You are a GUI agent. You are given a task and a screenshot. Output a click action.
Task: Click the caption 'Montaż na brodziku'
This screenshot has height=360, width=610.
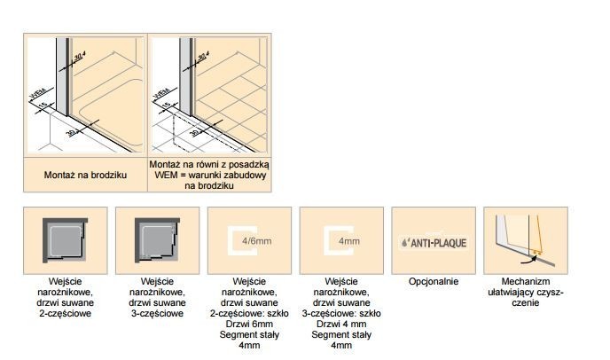pyautogui.click(x=86, y=176)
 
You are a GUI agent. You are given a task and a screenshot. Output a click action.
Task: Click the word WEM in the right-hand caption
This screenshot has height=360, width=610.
pyautogui.click(x=163, y=176)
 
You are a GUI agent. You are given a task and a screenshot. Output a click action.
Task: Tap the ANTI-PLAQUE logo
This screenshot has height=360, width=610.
pyautogui.click(x=434, y=241)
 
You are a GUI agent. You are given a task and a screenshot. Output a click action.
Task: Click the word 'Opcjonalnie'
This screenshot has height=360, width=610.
pyautogui.click(x=434, y=282)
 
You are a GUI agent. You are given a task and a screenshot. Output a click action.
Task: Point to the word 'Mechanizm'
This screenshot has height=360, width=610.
pyautogui.click(x=526, y=282)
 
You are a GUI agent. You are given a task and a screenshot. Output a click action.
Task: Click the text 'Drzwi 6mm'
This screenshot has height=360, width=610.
pyautogui.click(x=248, y=325)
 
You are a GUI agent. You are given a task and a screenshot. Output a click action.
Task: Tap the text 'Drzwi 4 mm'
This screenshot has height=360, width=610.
pyautogui.click(x=340, y=325)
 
